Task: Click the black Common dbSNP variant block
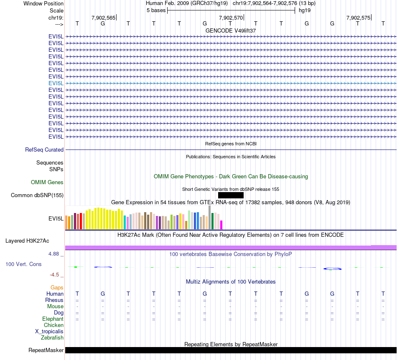[231, 195]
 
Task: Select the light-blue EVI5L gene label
[56, 83]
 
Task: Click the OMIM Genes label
[47, 182]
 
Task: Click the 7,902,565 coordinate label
[103, 18]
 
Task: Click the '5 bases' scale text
[156, 10]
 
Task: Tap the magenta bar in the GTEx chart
[221, 225]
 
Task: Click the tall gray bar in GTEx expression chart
[209, 218]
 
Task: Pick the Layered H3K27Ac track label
[27, 241]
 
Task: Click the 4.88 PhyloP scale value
[56, 254]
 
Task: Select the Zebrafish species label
[52, 337]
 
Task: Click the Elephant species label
[53, 319]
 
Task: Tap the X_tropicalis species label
[49, 331]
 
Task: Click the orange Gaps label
[57, 287]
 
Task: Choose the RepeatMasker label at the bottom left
[46, 350]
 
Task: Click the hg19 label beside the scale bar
[304, 10]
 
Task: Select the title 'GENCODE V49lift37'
[231, 30]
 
